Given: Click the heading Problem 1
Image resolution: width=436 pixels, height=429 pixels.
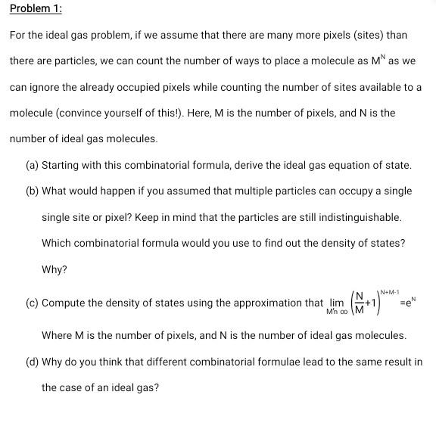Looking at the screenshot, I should coord(36,8).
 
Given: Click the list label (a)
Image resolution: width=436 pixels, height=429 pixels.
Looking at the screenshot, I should coord(32,165).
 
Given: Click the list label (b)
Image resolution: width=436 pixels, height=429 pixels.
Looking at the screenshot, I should coord(32,191).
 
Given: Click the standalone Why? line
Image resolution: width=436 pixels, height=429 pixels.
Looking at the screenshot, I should coord(54,269).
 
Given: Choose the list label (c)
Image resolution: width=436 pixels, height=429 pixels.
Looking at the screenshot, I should coord(32,303).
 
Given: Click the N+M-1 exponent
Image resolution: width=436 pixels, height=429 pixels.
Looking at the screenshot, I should coord(391,290).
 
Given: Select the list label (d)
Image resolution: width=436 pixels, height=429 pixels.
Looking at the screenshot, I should coord(32,361).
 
